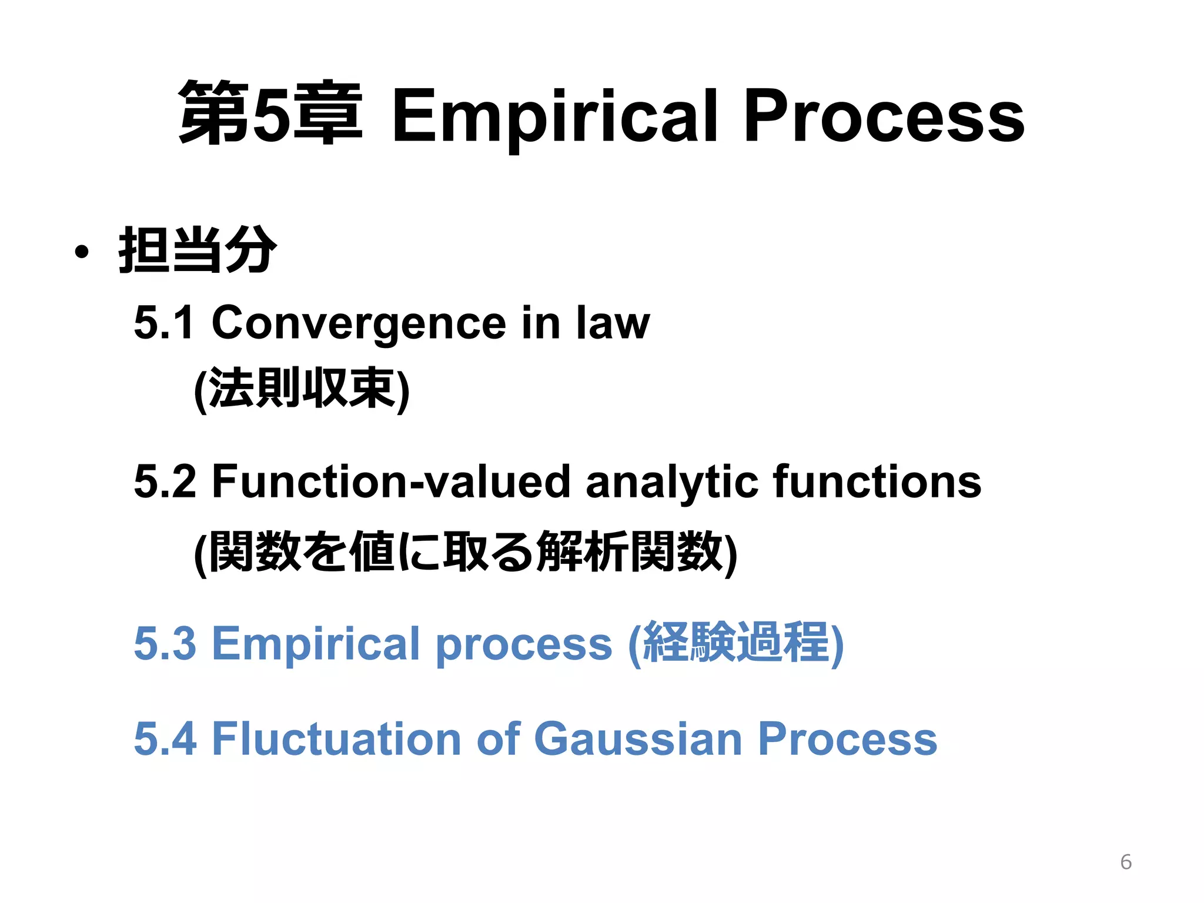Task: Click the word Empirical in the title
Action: tap(554, 116)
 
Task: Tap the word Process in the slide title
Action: tap(884, 116)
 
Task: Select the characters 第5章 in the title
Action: tap(270, 113)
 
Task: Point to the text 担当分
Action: tap(198, 250)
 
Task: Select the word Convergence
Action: tap(359, 323)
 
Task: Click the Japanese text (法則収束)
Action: tap(302, 389)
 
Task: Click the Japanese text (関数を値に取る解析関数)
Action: tap(465, 552)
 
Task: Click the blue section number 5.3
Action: tap(165, 643)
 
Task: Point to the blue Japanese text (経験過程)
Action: tap(736, 643)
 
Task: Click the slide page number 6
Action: tap(1125, 862)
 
